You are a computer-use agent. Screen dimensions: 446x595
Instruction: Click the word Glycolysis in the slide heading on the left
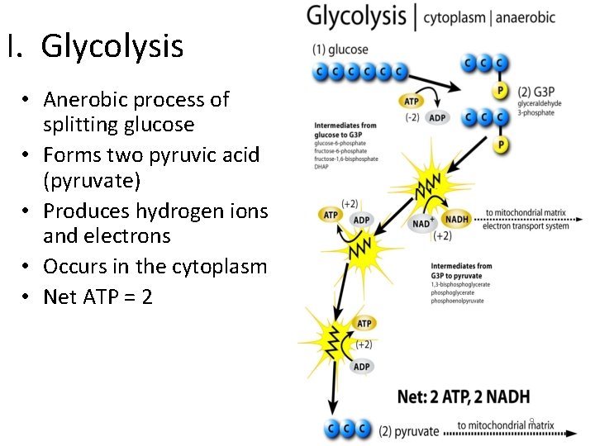(x=112, y=47)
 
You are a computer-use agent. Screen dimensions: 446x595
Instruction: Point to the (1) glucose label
(x=340, y=50)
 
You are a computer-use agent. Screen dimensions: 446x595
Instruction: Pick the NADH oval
(x=457, y=219)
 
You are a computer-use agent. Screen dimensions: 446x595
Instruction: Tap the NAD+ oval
(x=422, y=223)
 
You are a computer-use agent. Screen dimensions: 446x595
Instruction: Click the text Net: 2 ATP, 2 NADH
(x=463, y=396)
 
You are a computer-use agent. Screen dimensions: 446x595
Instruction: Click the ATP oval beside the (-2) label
(x=412, y=101)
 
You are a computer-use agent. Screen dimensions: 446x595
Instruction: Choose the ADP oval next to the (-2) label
(x=437, y=118)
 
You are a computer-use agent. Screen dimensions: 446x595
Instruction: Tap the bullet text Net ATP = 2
(x=98, y=296)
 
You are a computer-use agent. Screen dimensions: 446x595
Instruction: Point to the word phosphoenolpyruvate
(x=457, y=301)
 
